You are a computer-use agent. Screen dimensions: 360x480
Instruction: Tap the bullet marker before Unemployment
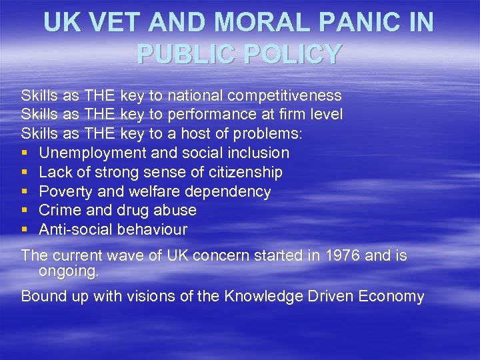click(25, 153)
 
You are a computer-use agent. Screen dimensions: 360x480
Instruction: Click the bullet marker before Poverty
click(25, 192)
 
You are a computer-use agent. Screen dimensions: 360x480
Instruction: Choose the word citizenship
click(245, 172)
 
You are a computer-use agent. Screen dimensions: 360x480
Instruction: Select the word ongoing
click(68, 271)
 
